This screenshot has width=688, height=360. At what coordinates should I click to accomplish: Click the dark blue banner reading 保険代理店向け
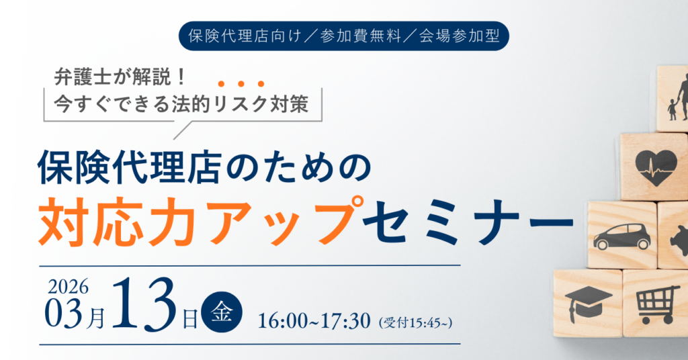343,36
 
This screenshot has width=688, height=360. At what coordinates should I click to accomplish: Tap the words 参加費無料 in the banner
361,36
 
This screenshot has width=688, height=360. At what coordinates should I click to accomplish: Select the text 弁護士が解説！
121,78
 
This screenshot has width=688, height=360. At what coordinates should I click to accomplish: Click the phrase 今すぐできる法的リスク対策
181,104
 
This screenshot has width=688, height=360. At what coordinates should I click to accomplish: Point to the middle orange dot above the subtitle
241,84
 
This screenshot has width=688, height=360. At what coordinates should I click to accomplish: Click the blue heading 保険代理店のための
204,167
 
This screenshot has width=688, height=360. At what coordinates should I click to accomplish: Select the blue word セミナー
468,222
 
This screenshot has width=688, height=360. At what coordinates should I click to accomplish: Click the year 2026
68,287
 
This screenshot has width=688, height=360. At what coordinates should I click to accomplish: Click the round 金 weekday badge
222,312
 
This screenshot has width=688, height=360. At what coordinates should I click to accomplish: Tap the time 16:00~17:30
314,321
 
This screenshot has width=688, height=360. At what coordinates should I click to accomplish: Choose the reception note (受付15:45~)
415,323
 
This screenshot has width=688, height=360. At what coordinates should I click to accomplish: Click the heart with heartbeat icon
656,168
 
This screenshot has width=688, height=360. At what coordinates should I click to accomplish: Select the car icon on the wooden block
622,237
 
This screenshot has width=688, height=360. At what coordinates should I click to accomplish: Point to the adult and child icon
679,97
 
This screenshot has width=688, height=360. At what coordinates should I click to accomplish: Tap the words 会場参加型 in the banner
460,36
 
